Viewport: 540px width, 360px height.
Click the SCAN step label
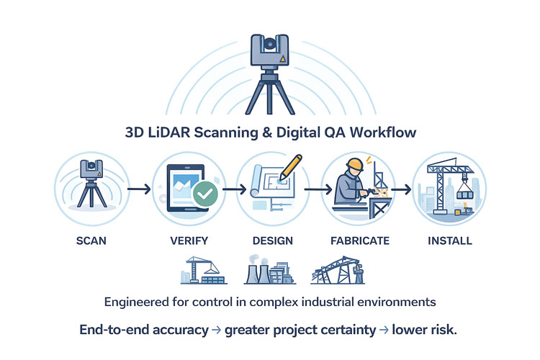tap(92, 240)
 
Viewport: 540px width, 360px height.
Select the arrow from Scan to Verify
tap(138, 189)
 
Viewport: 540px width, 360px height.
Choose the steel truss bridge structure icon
tap(338, 271)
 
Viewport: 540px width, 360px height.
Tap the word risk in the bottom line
tap(440, 330)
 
